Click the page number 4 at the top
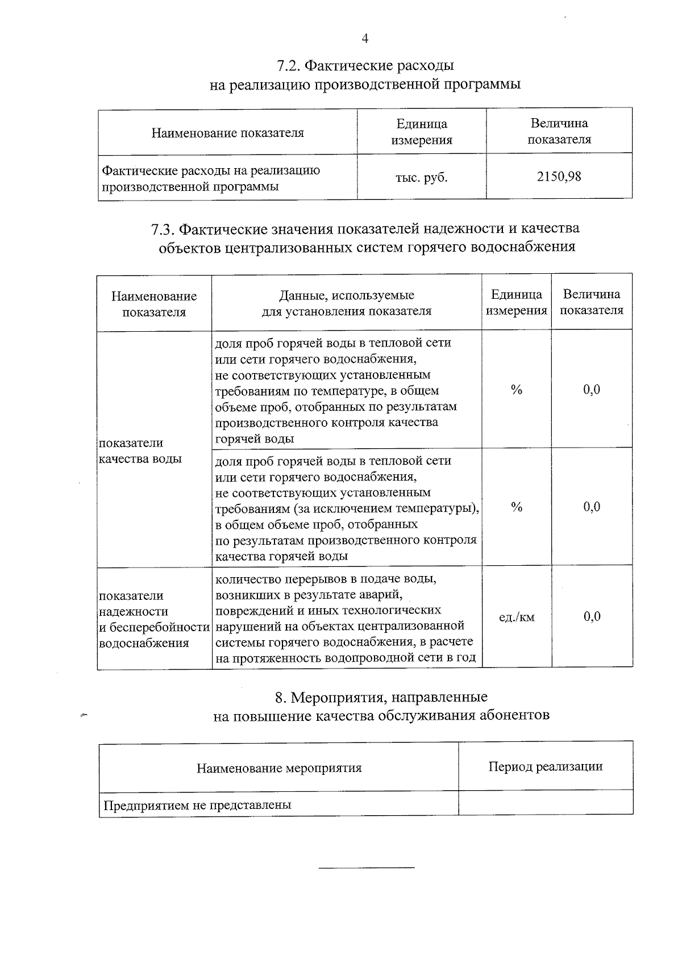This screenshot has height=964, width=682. pyautogui.click(x=365, y=39)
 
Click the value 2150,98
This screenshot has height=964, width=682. pyautogui.click(x=559, y=177)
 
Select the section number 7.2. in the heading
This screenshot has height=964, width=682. pyautogui.click(x=289, y=66)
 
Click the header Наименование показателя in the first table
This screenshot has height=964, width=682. pyautogui.click(x=227, y=133)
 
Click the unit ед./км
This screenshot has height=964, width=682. pyautogui.click(x=517, y=617)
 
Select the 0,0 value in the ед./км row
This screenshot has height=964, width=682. pyautogui.click(x=592, y=617)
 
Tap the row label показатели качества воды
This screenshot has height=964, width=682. pyautogui.click(x=140, y=450)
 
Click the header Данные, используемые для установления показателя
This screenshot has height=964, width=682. pyautogui.click(x=346, y=303)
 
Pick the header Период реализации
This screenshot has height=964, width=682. pyautogui.click(x=545, y=766)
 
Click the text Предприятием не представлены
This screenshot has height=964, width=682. pyautogui.click(x=197, y=805)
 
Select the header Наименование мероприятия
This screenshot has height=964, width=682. pyautogui.click(x=279, y=768)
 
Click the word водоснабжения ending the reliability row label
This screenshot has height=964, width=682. pyautogui.click(x=144, y=644)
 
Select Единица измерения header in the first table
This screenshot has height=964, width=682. pyautogui.click(x=421, y=132)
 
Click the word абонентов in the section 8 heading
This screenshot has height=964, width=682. pyautogui.click(x=514, y=715)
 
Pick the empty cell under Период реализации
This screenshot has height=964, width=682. pyautogui.click(x=545, y=803)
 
